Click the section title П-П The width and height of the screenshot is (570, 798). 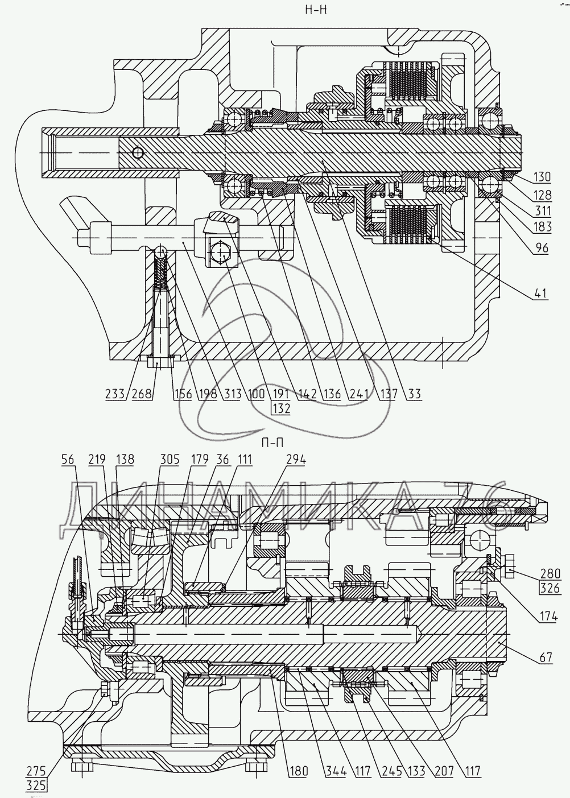tap(273, 443)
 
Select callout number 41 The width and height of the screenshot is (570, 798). tap(542, 295)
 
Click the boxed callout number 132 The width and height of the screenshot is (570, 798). tap(280, 408)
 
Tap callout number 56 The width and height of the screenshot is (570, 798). tap(68, 460)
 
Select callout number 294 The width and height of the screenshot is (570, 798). tap(295, 460)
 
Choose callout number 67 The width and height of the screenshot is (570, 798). tap(545, 658)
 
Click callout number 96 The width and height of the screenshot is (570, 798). tap(542, 248)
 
